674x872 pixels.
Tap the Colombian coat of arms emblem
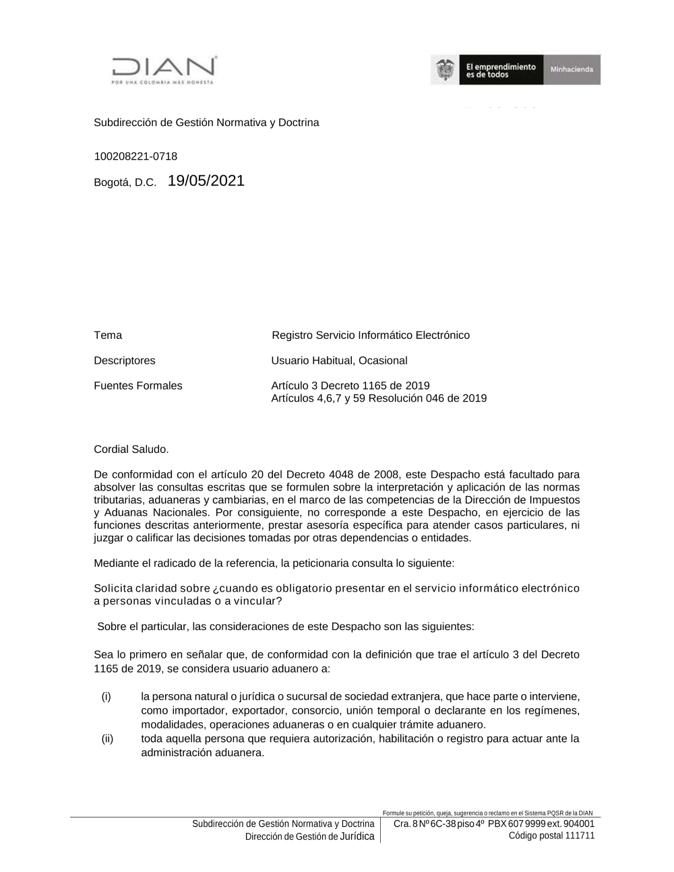coord(445,70)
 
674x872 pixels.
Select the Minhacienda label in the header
coord(572,70)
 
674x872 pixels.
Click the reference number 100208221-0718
coord(135,156)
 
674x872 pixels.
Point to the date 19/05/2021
coord(206,181)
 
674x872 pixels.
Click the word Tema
coord(108,335)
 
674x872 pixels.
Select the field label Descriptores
coord(125,361)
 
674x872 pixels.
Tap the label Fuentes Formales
coord(138,385)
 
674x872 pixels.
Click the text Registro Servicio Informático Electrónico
coord(371,335)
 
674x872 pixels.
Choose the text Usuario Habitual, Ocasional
coord(339,361)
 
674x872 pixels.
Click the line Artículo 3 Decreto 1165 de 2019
coord(350,385)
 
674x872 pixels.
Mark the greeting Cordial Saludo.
coord(131,449)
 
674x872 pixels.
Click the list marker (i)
coord(106,696)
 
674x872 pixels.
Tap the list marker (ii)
coord(108,739)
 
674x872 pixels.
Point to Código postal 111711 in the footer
coord(551,836)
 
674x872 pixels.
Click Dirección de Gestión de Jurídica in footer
coord(309,836)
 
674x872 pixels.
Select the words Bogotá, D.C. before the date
coord(125,183)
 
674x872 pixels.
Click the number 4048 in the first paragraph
coord(341,474)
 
